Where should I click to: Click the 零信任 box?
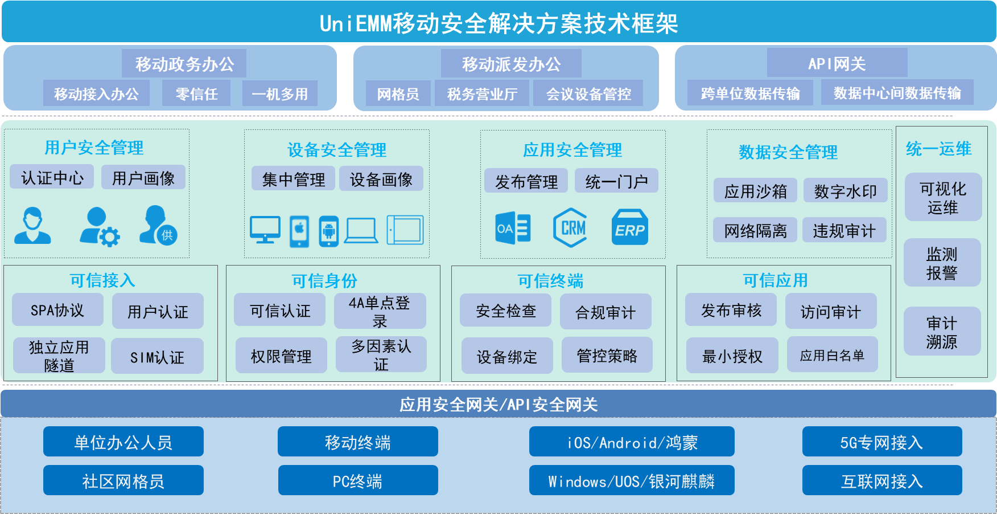click(196, 93)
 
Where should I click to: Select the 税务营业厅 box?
click(482, 93)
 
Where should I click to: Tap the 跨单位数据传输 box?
click(750, 93)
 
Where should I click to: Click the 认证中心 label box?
click(52, 178)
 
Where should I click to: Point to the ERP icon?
click(629, 227)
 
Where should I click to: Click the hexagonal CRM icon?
click(570, 228)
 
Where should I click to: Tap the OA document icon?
click(513, 228)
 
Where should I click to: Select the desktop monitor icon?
click(265, 230)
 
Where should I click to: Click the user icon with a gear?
click(100, 227)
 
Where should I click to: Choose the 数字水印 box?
click(845, 191)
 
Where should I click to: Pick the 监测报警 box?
click(942, 263)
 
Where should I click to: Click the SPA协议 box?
click(57, 310)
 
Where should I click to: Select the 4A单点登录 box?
click(380, 311)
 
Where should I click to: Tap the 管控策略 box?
click(607, 356)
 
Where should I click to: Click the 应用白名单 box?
click(832, 356)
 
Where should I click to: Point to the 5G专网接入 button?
click(881, 442)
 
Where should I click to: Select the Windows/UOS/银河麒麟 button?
click(631, 481)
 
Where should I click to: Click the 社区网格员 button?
click(123, 481)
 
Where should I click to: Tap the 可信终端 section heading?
click(550, 280)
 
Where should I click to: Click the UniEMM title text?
click(498, 23)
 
